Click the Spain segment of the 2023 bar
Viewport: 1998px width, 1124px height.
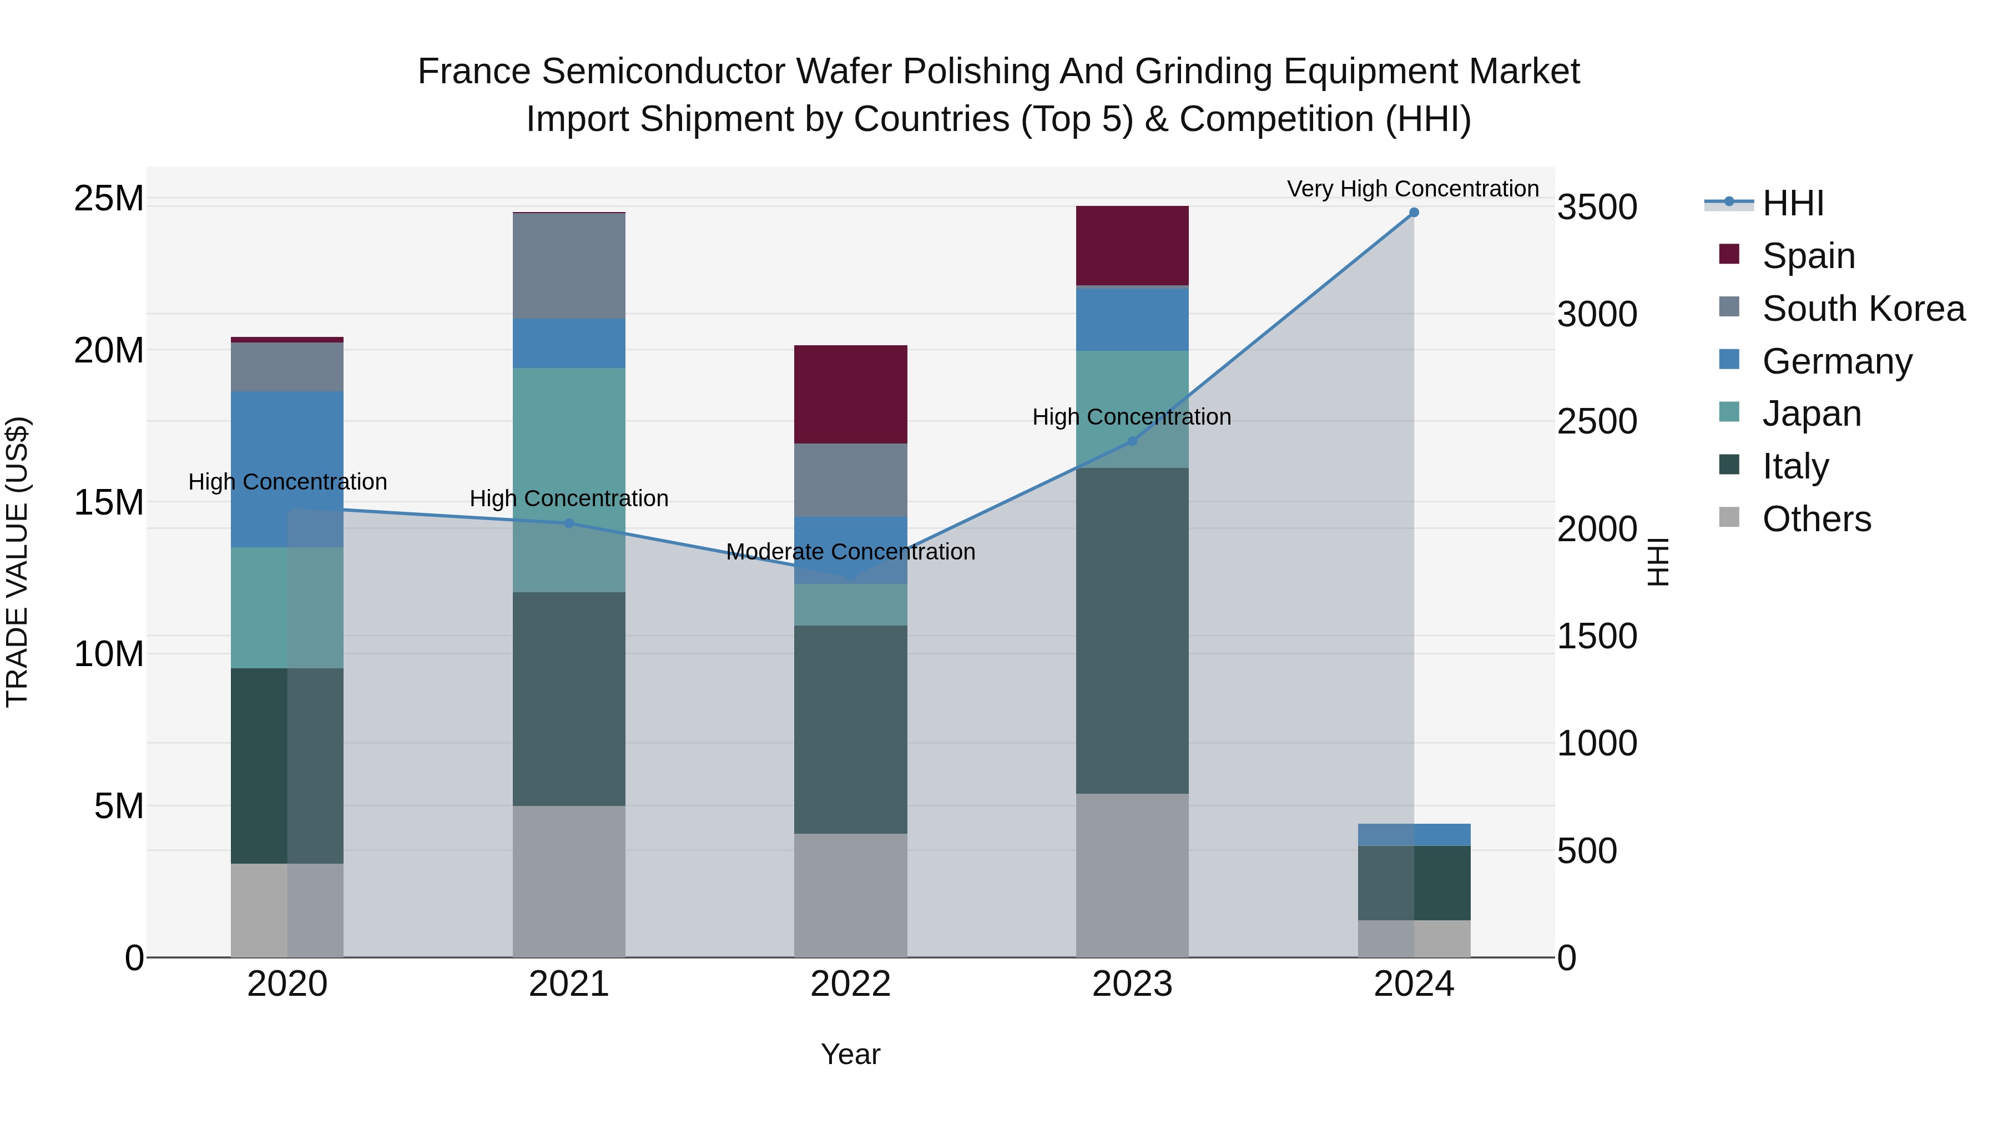(1132, 245)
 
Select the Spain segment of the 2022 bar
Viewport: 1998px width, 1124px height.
(850, 394)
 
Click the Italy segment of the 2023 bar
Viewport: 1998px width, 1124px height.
(1132, 630)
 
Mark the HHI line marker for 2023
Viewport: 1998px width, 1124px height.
(1132, 441)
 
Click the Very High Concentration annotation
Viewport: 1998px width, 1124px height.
(1412, 189)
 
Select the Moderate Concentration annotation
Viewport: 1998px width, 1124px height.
(850, 552)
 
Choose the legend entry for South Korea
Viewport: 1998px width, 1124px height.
(1863, 309)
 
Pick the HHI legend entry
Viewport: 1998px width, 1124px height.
(1793, 203)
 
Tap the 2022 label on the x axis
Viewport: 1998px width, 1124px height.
(850, 984)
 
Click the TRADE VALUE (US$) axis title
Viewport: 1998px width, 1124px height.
(17, 562)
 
